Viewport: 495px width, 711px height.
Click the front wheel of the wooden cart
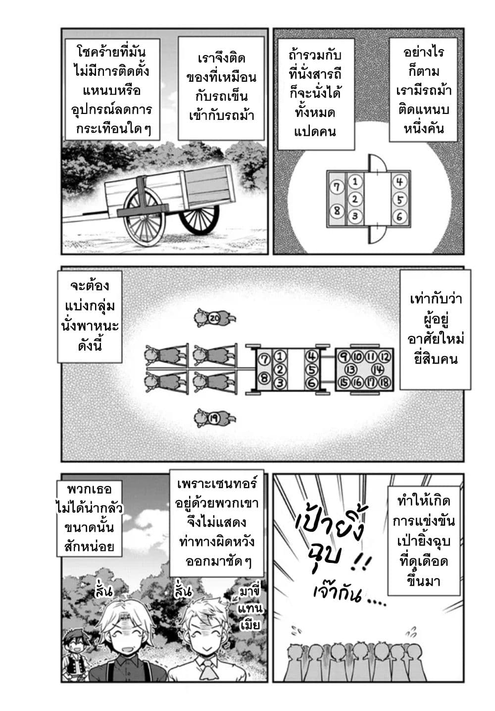click(144, 217)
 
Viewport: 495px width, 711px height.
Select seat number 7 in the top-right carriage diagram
click(337, 187)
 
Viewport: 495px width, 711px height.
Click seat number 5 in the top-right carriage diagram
click(399, 200)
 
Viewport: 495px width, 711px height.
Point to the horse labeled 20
click(215, 318)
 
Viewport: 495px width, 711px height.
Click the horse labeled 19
click(215, 418)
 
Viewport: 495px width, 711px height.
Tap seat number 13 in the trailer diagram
click(351, 370)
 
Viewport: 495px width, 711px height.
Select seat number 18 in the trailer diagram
click(384, 383)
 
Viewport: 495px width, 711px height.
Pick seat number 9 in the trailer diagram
click(344, 357)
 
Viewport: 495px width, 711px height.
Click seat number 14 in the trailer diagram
click(378, 370)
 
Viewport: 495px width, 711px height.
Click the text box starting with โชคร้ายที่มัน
click(112, 89)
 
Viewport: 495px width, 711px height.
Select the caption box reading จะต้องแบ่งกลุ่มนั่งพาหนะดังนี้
click(90, 317)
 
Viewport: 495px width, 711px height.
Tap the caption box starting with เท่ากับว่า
click(435, 329)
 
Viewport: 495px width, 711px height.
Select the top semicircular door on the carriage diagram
click(377, 163)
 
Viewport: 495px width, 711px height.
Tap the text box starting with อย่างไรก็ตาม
click(423, 90)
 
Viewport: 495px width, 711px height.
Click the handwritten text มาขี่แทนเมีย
click(250, 608)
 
